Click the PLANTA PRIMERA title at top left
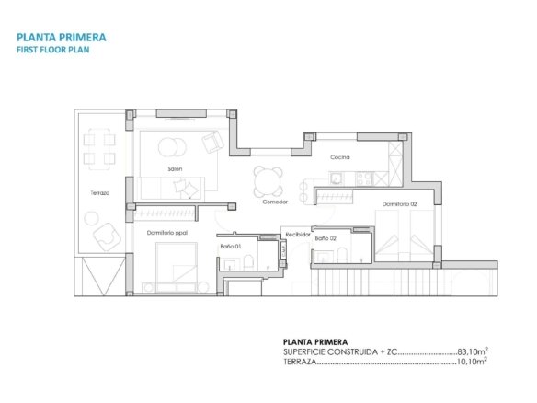(x=62, y=38)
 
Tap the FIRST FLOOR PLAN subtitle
(x=53, y=50)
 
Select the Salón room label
(x=175, y=168)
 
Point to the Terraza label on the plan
(x=100, y=193)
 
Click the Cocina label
(x=340, y=157)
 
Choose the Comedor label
(x=275, y=201)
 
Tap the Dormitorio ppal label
(x=167, y=233)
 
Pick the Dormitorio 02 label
(x=399, y=204)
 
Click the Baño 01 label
(x=231, y=246)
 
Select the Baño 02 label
(x=326, y=238)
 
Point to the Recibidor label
(x=298, y=235)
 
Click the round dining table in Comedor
(x=268, y=180)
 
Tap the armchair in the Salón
(x=212, y=143)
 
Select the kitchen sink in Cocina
(x=336, y=178)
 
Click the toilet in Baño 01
(x=248, y=262)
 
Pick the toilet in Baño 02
(x=342, y=255)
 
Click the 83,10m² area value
(x=473, y=351)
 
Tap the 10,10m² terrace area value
(x=473, y=362)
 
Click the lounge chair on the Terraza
(x=107, y=236)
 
